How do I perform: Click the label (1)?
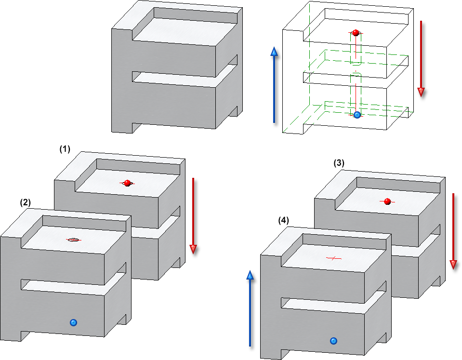tap(65, 150)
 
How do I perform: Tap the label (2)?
tap(26, 203)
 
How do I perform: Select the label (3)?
tap(339, 163)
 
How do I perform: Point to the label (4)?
tap(284, 220)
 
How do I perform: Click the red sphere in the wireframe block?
tap(356, 33)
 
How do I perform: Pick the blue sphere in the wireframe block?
tap(357, 115)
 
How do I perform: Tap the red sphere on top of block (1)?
tap(127, 183)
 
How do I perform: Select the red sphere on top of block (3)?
tap(387, 201)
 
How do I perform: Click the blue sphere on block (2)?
tap(73, 322)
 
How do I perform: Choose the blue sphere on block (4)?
tap(333, 341)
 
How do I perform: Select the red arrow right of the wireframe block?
tap(422, 58)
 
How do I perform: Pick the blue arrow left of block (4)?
tap(250, 308)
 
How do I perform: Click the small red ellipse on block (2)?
tap(74, 240)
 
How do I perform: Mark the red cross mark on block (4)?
tap(334, 259)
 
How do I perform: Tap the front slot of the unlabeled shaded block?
tap(173, 78)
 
